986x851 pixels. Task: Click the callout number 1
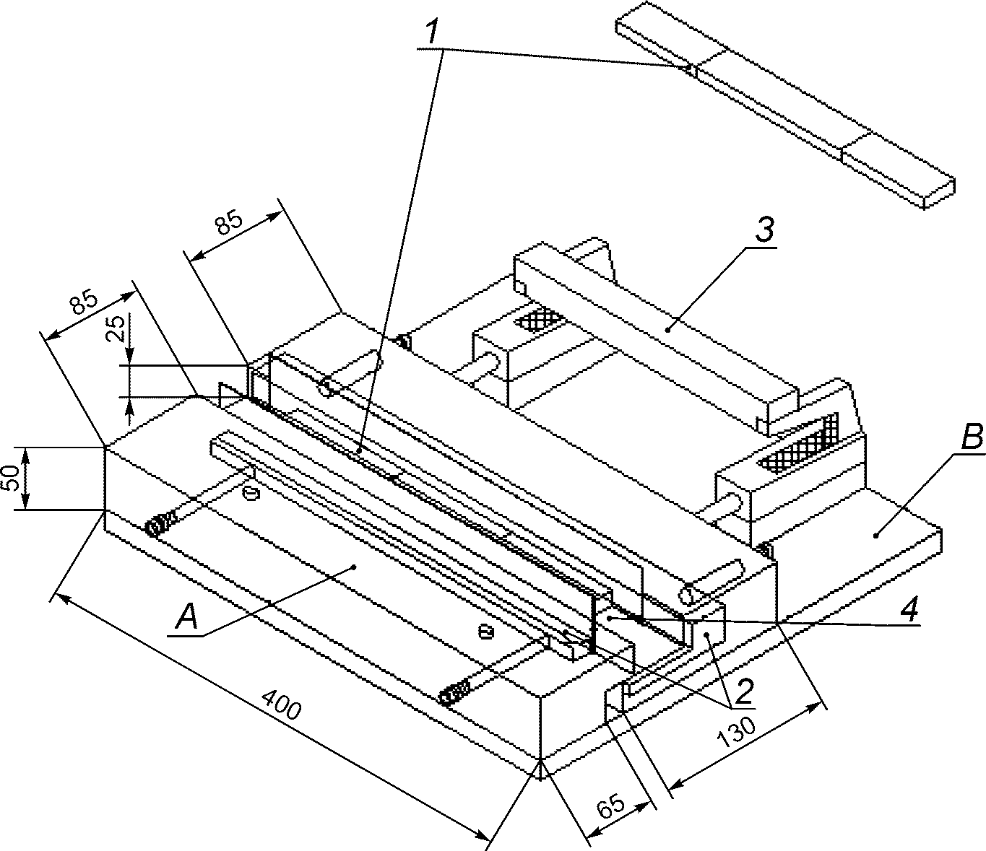click(x=432, y=32)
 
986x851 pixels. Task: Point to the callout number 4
click(x=909, y=609)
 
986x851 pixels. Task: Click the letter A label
click(x=187, y=616)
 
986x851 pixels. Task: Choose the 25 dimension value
click(x=116, y=328)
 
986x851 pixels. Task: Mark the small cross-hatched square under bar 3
click(x=539, y=318)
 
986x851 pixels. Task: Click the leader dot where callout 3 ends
click(x=668, y=329)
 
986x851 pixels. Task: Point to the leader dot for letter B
click(x=875, y=536)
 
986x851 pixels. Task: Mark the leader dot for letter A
click(x=353, y=567)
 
